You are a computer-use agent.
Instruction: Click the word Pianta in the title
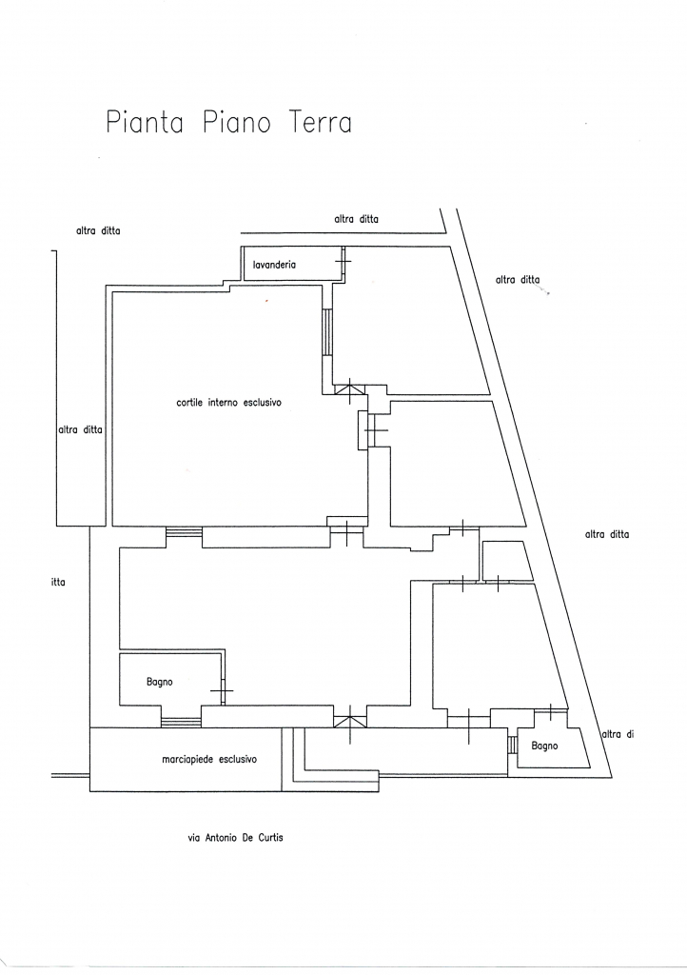(x=144, y=124)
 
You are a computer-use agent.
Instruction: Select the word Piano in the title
(x=237, y=124)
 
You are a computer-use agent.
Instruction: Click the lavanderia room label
(x=274, y=265)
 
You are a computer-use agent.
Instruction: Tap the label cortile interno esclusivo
(x=229, y=403)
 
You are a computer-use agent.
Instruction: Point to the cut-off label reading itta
(x=58, y=582)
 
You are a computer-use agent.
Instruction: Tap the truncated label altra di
(x=618, y=733)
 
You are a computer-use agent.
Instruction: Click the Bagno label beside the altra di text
(x=544, y=746)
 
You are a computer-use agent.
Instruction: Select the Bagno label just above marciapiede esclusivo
(x=159, y=682)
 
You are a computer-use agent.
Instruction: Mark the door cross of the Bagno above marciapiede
(x=222, y=688)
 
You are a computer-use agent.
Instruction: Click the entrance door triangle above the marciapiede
(x=350, y=716)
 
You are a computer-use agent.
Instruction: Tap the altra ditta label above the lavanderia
(x=357, y=219)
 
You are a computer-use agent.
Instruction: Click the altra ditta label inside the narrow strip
(x=80, y=430)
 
